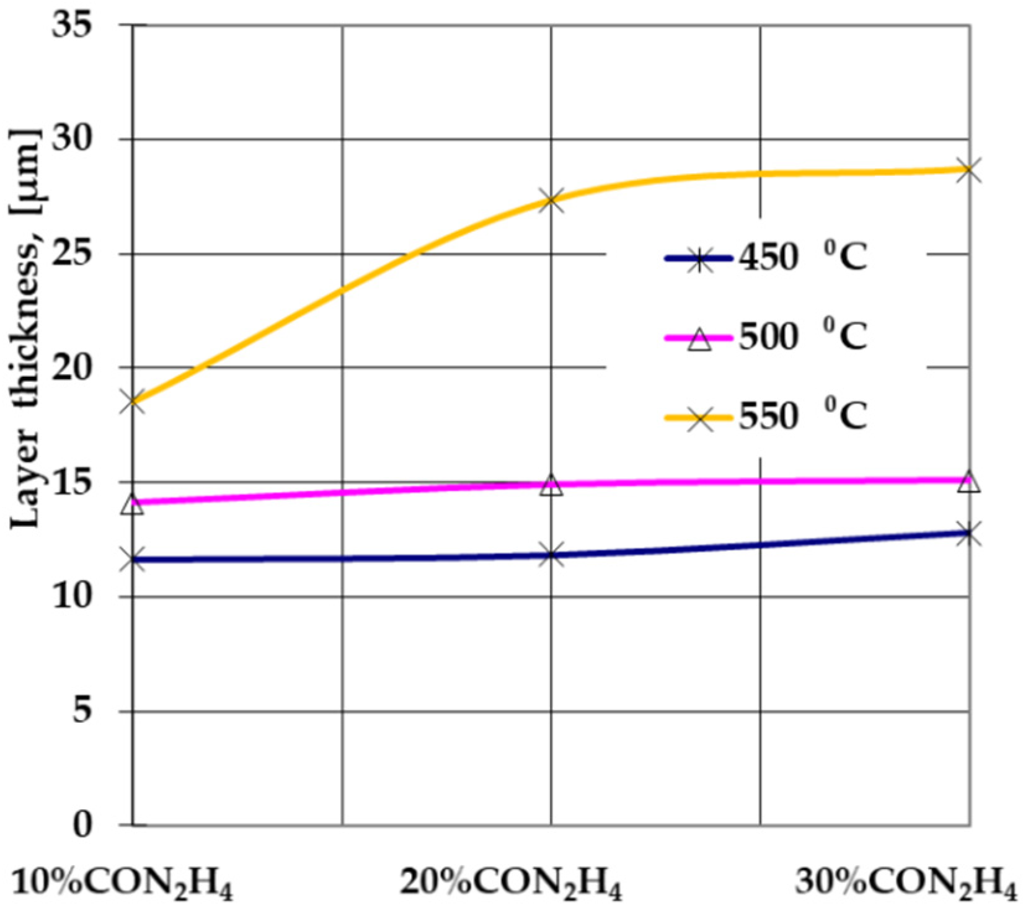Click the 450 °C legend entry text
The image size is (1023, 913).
(802, 258)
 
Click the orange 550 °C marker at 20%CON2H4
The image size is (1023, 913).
(551, 200)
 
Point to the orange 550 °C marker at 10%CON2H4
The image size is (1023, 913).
(133, 401)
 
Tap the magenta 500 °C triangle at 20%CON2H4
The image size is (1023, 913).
(551, 485)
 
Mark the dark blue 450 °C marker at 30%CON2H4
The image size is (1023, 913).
(968, 533)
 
